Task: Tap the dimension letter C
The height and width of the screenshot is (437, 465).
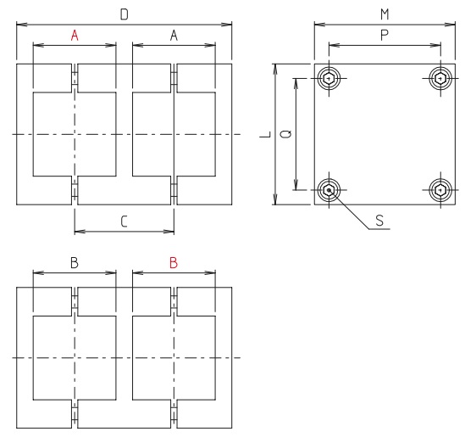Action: click(124, 221)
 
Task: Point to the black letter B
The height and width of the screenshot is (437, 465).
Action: click(75, 263)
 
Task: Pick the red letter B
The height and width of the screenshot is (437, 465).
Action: click(174, 263)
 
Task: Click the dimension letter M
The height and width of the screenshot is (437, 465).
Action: click(385, 14)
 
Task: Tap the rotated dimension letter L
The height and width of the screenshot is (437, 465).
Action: click(264, 134)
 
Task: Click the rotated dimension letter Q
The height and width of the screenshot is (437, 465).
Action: click(285, 134)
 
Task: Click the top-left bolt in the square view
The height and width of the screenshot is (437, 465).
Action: click(329, 79)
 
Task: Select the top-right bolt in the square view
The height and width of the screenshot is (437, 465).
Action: click(440, 79)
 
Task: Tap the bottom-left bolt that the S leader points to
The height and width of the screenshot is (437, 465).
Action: click(329, 189)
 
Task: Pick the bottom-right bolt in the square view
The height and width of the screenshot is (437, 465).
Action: click(440, 189)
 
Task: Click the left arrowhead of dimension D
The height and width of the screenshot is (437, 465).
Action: click(20, 24)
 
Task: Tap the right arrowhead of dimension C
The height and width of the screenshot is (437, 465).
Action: click(170, 231)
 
